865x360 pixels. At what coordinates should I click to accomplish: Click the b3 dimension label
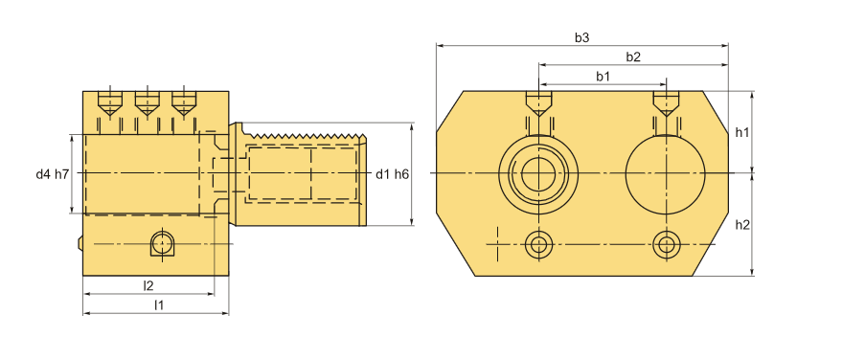(x=581, y=37)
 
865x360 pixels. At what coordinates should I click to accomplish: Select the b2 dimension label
(x=633, y=56)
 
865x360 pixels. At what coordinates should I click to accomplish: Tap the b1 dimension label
(x=603, y=77)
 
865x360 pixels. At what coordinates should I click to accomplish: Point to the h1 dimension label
(x=742, y=132)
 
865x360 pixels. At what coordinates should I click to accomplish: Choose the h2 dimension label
(x=742, y=225)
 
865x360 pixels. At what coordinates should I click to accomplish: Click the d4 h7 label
(x=53, y=174)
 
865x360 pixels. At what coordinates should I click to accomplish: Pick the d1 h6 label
(x=392, y=174)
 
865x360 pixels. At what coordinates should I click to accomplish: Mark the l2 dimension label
(x=148, y=285)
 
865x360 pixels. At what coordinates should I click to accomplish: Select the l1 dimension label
(x=159, y=304)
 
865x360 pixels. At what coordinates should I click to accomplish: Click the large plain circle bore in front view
(x=666, y=174)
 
